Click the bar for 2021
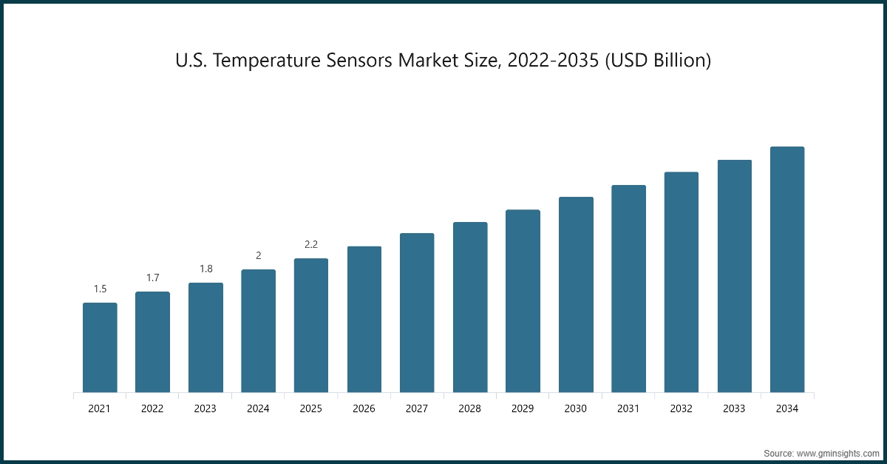(100, 347)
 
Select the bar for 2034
(787, 269)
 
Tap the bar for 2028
(470, 307)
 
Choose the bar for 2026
(364, 319)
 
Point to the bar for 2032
(682, 282)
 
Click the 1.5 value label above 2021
(100, 289)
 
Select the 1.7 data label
(153, 278)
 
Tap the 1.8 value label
(205, 269)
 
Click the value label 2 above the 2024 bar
(259, 255)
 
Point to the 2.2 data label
(311, 244)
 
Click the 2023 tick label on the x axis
(205, 408)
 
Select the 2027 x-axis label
(417, 408)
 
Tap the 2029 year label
(523, 408)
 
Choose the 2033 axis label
(734, 408)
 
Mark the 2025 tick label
(311, 408)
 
